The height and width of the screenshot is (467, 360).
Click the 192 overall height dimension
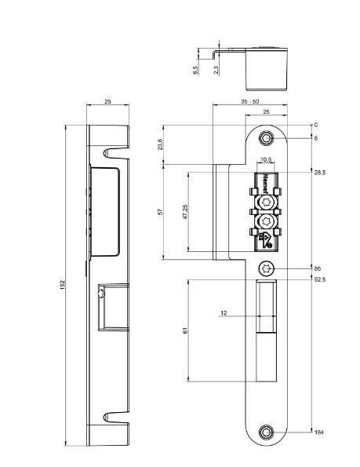click(x=63, y=285)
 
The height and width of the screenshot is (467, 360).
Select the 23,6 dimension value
click(x=160, y=144)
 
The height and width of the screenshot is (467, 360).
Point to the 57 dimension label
click(x=160, y=212)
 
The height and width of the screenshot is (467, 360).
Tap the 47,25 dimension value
click(x=185, y=212)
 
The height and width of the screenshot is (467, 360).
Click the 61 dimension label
click(x=185, y=330)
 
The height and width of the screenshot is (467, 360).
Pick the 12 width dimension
click(x=224, y=312)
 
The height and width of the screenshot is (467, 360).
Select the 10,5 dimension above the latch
click(x=266, y=159)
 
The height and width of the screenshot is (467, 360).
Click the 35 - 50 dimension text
click(x=250, y=101)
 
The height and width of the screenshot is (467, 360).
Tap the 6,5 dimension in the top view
click(x=195, y=70)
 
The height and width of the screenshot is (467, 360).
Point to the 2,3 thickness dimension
click(x=216, y=70)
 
